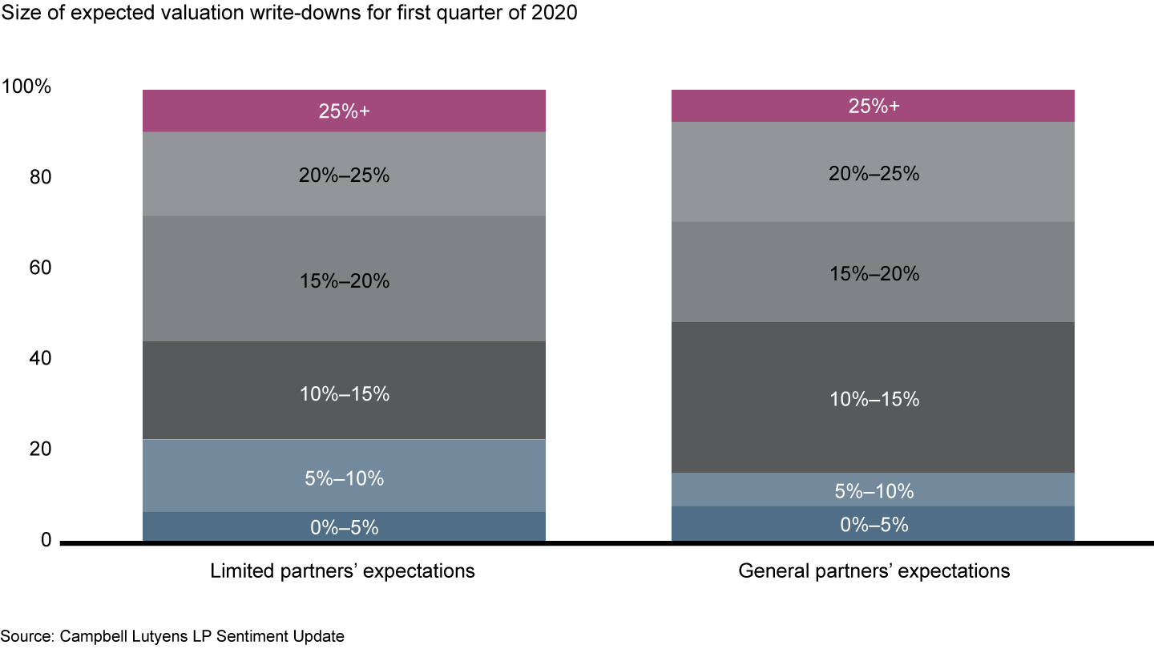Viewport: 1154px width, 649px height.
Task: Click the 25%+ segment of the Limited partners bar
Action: coord(344,111)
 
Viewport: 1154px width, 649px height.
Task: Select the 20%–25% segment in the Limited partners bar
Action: coord(344,174)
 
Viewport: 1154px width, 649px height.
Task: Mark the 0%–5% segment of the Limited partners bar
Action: coord(344,526)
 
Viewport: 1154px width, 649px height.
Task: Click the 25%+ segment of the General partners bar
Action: coord(873,106)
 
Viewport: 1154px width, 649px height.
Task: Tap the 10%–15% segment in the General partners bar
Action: coord(873,397)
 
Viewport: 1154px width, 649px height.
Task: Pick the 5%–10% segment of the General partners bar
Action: coord(873,490)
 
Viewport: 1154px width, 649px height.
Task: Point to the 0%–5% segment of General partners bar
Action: coord(873,524)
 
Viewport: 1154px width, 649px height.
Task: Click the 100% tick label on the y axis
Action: coord(27,87)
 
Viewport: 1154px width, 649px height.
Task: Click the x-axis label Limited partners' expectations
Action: coord(342,571)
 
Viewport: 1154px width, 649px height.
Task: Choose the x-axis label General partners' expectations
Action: coord(874,571)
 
